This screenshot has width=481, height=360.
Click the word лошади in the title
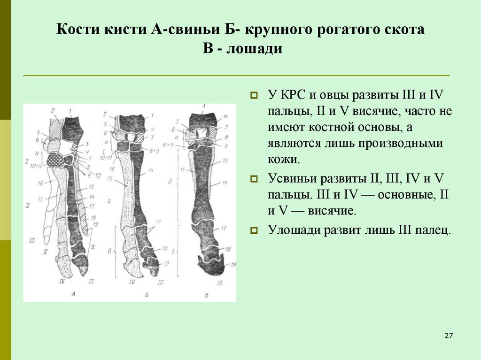[255, 49]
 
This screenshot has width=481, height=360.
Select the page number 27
[448, 336]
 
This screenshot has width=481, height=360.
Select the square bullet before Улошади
[254, 230]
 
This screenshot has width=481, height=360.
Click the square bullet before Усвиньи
[254, 179]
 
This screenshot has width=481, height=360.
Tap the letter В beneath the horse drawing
[208, 294]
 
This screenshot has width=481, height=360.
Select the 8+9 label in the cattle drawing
[153, 152]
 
